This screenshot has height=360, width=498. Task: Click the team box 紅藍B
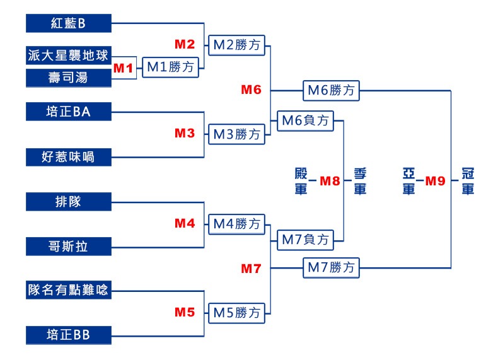point(69,23)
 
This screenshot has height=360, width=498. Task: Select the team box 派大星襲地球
point(69,55)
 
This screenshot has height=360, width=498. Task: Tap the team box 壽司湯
point(69,78)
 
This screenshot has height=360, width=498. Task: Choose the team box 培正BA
point(69,112)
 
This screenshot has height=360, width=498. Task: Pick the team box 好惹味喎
point(69,157)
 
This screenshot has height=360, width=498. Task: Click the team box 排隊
point(69,202)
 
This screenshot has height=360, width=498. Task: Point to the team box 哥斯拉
point(69,247)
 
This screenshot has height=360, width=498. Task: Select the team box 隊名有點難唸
point(69,290)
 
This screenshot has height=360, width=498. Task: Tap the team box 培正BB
point(69,335)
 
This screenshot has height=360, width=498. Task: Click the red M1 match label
point(123,68)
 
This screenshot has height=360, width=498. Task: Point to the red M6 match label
point(252,90)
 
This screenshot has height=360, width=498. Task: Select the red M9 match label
point(435,181)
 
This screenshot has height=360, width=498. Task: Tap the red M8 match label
point(330,181)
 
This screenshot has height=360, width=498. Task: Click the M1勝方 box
point(171,67)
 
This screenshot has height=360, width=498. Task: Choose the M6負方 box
point(306,121)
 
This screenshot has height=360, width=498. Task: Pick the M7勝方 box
point(331,268)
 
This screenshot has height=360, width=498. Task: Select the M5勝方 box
point(236,313)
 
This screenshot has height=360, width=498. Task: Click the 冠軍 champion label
point(468,181)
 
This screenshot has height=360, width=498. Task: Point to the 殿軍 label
point(301,181)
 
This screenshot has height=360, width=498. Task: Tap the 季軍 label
point(360,181)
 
